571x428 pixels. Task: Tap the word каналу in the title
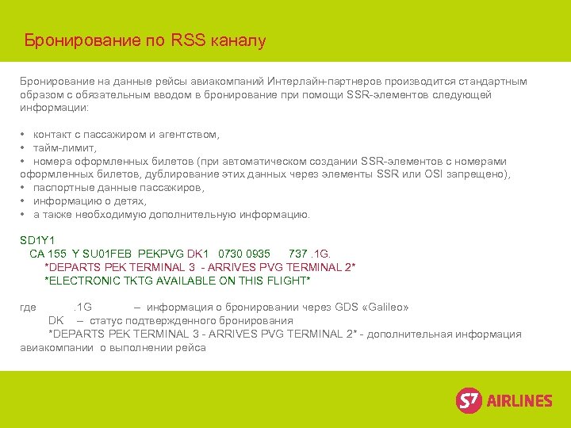[239, 40]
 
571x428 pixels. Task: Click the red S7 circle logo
[469, 399]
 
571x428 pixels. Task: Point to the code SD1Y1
[36, 240]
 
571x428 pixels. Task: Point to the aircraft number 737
[298, 254]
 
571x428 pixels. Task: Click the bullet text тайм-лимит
[64, 147]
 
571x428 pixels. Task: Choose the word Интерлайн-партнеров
[322, 82]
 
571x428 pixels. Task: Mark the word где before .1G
[29, 308]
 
